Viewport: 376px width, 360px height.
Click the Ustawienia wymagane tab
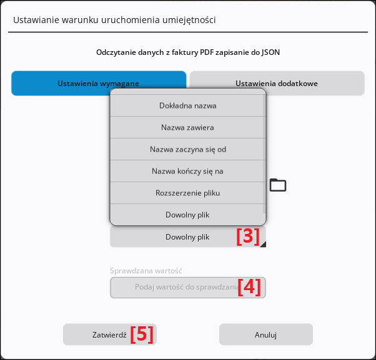click(x=99, y=83)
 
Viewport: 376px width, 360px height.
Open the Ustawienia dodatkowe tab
click(x=277, y=83)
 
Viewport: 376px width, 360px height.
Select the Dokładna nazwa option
click(x=188, y=105)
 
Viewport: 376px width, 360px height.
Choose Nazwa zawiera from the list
click(x=188, y=127)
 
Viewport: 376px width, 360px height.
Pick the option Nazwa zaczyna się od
click(x=188, y=149)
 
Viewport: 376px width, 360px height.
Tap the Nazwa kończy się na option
click(x=188, y=171)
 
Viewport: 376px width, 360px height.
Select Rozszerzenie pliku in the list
click(x=188, y=193)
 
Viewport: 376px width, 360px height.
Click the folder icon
click(x=278, y=185)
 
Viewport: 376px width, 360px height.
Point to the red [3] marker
click(x=248, y=236)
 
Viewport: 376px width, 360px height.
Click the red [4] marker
click(x=249, y=287)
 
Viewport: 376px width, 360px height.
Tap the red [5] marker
click(x=142, y=334)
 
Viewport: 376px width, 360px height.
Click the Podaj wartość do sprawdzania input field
click(x=188, y=288)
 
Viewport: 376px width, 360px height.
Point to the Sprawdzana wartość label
click(x=146, y=271)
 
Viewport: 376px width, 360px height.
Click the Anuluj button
click(x=266, y=334)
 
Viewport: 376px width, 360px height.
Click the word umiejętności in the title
click(x=189, y=20)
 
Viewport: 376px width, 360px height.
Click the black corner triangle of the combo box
click(x=264, y=245)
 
